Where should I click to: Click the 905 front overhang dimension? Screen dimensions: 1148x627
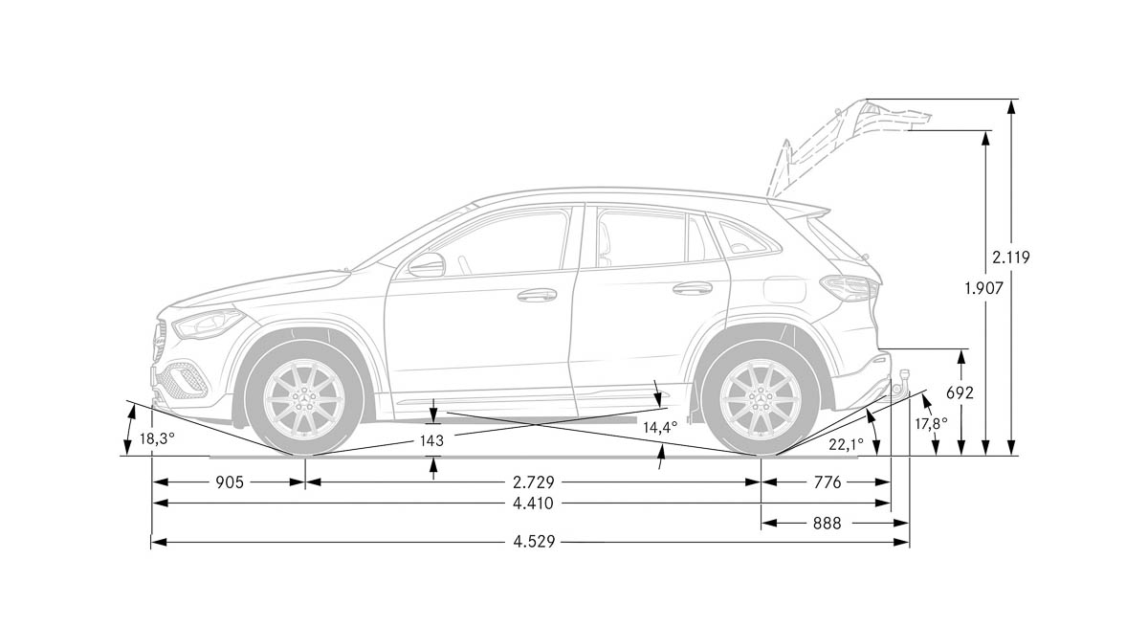[229, 481]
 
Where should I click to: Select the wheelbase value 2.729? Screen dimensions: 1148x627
[534, 481]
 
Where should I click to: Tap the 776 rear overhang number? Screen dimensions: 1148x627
[828, 481]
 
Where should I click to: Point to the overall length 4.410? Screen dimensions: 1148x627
[533, 503]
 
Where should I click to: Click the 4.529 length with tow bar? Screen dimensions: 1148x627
[534, 542]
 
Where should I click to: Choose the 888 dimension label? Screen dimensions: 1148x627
[827, 523]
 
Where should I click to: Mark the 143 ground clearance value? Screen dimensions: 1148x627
[431, 440]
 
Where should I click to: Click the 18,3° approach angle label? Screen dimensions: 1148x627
[157, 438]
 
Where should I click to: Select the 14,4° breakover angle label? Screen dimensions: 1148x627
[660, 427]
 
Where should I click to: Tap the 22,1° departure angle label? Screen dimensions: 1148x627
[846, 444]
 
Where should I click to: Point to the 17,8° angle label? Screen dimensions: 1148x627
[931, 423]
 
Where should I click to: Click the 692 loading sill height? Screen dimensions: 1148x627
[960, 392]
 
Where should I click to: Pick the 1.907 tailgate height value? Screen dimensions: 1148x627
[983, 288]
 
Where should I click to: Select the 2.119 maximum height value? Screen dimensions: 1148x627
[1010, 257]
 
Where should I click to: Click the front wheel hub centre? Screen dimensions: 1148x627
[304, 398]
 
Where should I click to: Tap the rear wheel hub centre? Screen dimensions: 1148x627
[761, 398]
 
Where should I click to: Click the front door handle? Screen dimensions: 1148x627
[537, 295]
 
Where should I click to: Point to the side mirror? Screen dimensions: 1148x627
[427, 264]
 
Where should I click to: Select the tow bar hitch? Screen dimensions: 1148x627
[900, 383]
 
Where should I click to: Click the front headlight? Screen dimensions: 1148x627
[209, 323]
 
